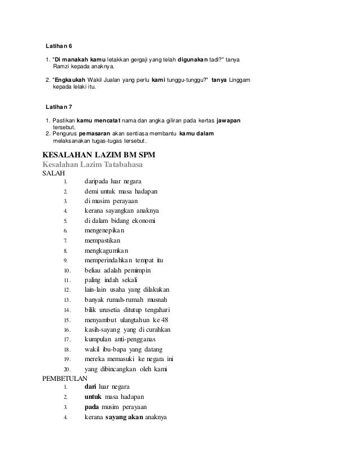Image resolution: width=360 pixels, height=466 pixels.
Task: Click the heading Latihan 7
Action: point(59,106)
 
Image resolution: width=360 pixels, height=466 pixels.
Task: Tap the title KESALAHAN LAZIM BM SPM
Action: point(99,155)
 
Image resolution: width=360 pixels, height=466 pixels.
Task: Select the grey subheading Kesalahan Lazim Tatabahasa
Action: point(93,164)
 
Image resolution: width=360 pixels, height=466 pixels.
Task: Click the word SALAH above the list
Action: point(54,173)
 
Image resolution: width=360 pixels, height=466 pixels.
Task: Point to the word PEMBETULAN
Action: point(65,378)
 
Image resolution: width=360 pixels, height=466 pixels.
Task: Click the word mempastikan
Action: point(104,240)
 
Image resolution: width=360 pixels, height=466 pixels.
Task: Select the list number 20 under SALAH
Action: point(66,369)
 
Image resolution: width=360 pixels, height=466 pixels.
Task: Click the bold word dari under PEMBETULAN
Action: point(90,387)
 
